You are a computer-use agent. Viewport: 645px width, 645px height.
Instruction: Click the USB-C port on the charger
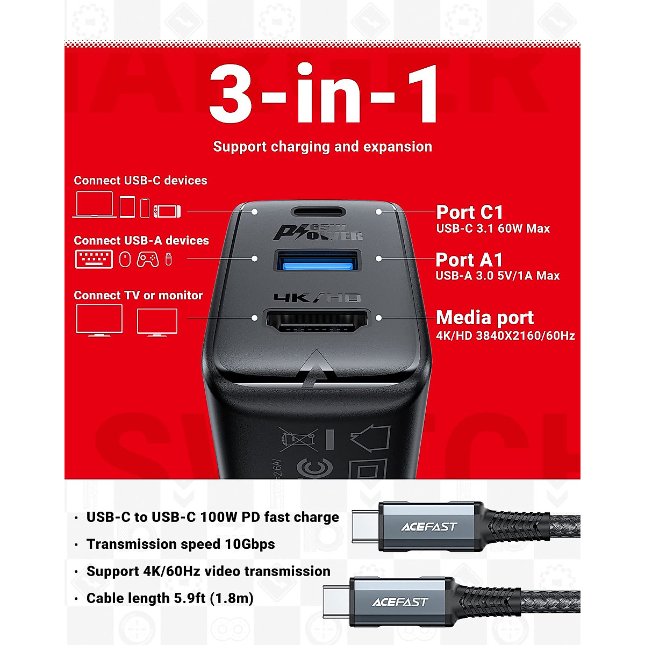[x=317, y=212]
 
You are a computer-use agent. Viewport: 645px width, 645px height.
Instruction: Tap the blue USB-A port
[x=317, y=260]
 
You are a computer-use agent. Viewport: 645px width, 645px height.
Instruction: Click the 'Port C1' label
[x=469, y=212]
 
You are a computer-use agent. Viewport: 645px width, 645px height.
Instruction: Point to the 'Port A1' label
[x=469, y=260]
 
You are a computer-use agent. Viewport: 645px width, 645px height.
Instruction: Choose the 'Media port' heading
[x=485, y=318]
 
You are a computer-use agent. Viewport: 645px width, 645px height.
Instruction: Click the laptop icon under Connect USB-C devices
[x=95, y=205]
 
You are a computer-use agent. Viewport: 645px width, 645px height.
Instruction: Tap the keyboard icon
[x=94, y=260]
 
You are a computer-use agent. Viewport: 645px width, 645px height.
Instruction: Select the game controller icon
[x=147, y=260]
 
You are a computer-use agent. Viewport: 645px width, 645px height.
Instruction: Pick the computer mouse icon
[x=125, y=260]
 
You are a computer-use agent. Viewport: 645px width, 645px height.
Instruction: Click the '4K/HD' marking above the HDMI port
[x=317, y=297]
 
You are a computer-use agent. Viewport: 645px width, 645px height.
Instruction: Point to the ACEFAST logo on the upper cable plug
[x=428, y=527]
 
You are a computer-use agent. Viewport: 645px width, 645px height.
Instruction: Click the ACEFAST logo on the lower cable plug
[x=399, y=602]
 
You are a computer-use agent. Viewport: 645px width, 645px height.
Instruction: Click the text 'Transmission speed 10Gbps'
[x=181, y=544]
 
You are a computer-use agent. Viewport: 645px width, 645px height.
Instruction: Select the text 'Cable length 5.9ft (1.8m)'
[x=170, y=598]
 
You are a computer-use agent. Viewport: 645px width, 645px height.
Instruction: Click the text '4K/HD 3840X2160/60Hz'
[x=505, y=336]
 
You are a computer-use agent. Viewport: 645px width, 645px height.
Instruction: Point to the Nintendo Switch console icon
[x=167, y=211]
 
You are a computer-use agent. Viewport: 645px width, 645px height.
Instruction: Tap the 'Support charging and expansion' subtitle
[x=322, y=147]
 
